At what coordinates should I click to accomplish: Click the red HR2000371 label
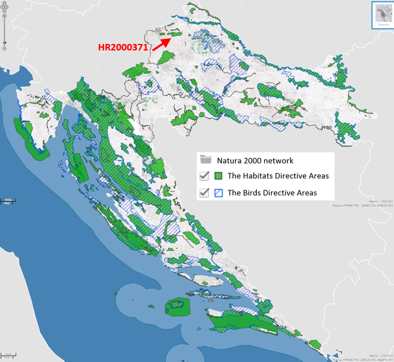tap(123, 47)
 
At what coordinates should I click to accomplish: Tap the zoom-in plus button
tap(4, 16)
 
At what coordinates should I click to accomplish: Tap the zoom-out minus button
tap(4, 48)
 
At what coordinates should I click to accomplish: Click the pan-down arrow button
tap(4, 10)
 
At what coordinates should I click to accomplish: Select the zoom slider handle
tap(4, 42)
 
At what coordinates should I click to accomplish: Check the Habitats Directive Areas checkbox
tap(204, 176)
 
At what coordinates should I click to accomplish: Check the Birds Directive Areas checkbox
tap(204, 193)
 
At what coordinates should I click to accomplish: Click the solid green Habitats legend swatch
tap(218, 176)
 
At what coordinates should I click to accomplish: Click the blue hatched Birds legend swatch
tap(218, 193)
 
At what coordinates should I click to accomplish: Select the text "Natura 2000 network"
tap(255, 160)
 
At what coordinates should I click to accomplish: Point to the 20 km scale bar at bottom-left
tap(7, 355)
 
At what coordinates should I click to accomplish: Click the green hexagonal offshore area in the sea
tap(177, 307)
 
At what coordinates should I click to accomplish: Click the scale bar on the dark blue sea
tap(6, 202)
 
